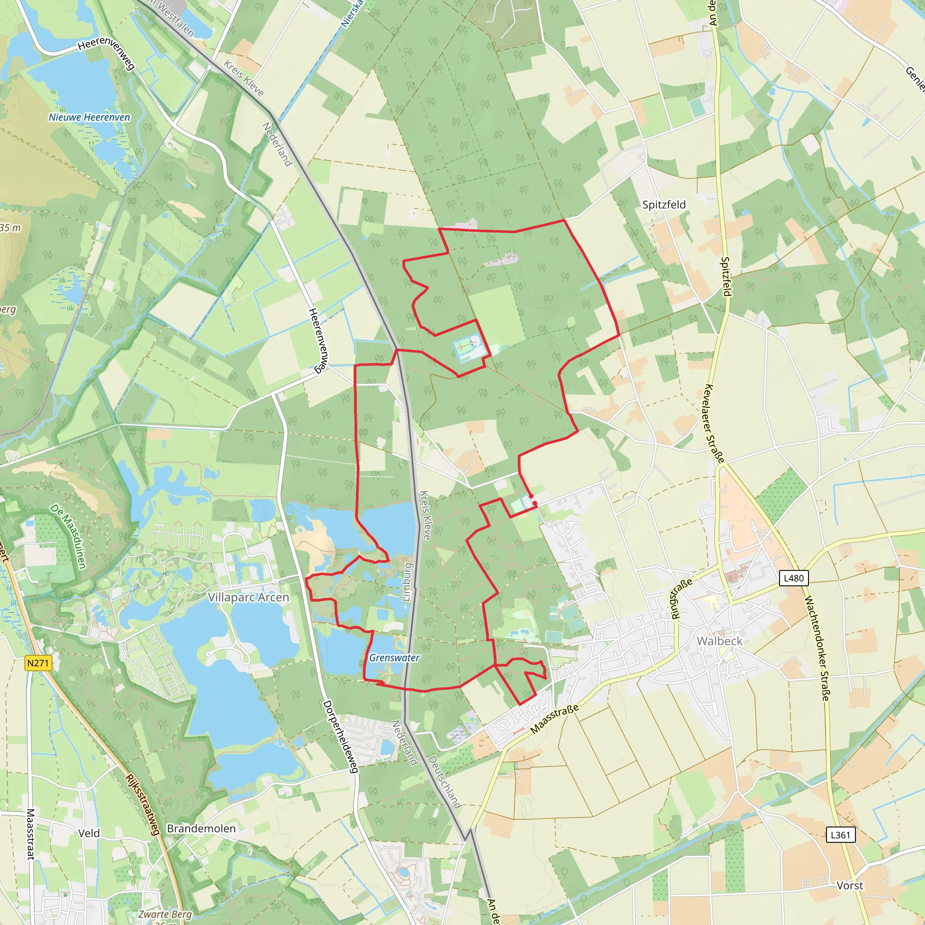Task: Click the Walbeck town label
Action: (719, 640)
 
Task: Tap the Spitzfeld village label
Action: (663, 205)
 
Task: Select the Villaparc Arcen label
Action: (248, 597)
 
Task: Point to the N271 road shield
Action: (38, 663)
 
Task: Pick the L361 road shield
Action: (840, 835)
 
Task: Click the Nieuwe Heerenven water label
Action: (89, 117)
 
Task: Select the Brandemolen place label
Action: (201, 828)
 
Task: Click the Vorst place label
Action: (850, 885)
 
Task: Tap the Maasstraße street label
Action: (555, 719)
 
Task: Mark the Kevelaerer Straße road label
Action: (715, 424)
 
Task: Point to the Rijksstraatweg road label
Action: (142, 804)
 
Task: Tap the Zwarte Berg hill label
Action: (165, 914)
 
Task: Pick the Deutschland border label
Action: (445, 782)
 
